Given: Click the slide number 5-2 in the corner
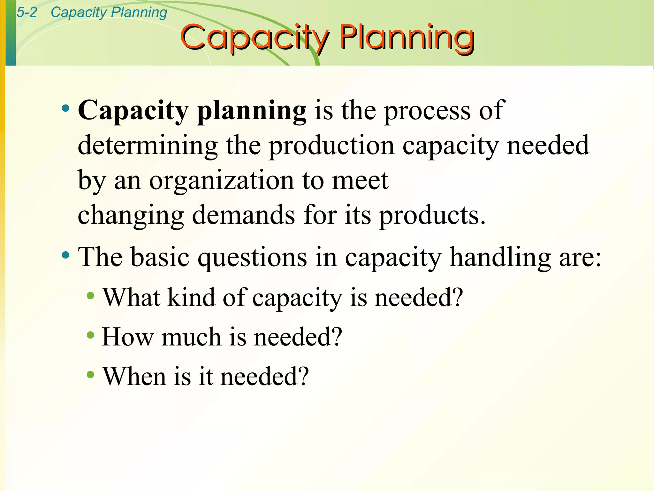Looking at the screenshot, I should [27, 12].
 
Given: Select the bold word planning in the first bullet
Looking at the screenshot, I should [252, 111].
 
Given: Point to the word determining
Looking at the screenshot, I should [148, 145].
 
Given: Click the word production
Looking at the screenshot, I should [331, 145].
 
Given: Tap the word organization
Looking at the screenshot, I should [221, 181].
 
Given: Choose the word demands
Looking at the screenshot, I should [244, 215].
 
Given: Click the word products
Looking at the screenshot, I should [432, 215].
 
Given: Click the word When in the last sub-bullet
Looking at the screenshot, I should [134, 376].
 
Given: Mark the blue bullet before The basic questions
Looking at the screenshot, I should [66, 255].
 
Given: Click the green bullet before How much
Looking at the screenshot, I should [91, 335].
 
